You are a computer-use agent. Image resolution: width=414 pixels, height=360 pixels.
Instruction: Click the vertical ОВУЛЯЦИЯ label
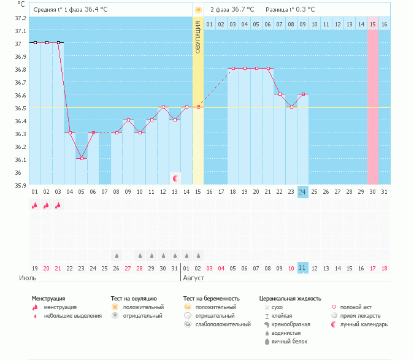pyautogui.click(x=198, y=37)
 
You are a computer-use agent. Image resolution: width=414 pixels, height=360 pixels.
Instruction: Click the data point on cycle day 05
pyautogui.click(x=82, y=158)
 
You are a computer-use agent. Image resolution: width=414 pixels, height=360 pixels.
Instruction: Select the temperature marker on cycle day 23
pyautogui.click(x=291, y=107)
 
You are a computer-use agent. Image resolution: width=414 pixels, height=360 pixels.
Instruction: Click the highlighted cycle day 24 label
pyautogui.click(x=302, y=191)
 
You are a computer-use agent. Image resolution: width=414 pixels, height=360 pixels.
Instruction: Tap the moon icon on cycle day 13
pyautogui.click(x=175, y=178)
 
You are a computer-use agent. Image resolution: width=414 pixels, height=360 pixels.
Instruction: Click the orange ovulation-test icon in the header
pyautogui.click(x=197, y=10)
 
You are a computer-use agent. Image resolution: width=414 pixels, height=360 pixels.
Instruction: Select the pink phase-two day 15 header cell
pyautogui.click(x=373, y=24)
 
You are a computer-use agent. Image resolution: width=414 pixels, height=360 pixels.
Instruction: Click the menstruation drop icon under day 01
pyautogui.click(x=35, y=205)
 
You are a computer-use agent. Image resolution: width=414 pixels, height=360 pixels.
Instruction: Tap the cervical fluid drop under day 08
pyautogui.click(x=116, y=255)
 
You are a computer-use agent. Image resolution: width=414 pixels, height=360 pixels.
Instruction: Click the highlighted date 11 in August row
pyautogui.click(x=302, y=268)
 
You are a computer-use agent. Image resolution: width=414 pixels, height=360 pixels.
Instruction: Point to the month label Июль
pyautogui.click(x=28, y=278)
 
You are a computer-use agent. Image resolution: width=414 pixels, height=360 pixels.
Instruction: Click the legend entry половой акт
pyautogui.click(x=359, y=307)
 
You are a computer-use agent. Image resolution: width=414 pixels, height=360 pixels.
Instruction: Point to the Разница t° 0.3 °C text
pyautogui.click(x=290, y=10)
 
